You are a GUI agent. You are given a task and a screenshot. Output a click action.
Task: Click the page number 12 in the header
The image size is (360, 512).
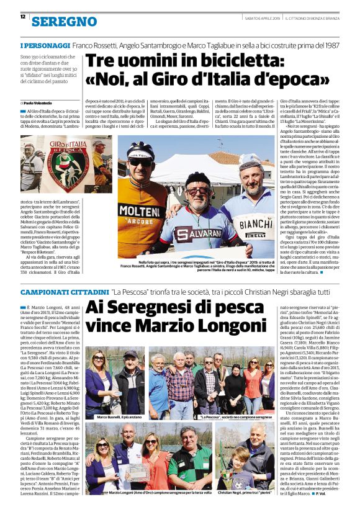point(22,16)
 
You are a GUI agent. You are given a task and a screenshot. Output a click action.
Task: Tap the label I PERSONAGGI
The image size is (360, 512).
point(45,46)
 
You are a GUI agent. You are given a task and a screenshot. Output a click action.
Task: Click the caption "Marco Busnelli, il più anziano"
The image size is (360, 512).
point(113,418)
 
